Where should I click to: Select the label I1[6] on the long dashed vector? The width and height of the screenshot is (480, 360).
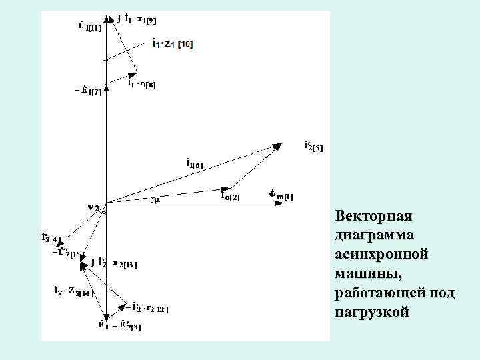point(195,162)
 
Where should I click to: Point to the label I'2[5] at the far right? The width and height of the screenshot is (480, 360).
point(312,146)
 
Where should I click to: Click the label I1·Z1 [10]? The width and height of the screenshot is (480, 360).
point(173,43)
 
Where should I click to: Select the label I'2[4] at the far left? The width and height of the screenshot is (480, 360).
point(51,238)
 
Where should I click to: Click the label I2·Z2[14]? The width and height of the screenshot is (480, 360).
point(73,291)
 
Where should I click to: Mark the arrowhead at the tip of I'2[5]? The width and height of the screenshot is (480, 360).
point(279,146)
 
